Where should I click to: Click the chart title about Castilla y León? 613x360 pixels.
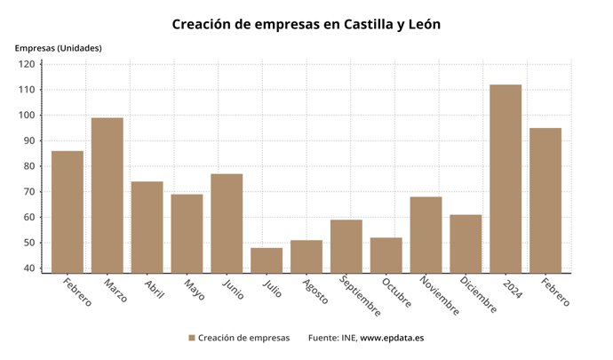point(306,24)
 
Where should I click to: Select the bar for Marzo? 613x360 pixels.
point(107,196)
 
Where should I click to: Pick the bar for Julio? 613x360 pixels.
point(267,260)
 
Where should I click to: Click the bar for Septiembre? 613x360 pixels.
point(346,246)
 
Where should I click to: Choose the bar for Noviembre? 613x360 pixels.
point(426,235)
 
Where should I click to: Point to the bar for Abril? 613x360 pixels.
point(147,228)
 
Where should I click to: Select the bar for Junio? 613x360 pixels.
point(227,223)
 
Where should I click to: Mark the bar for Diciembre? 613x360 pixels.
point(466,244)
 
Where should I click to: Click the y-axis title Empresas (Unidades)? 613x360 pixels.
point(58,47)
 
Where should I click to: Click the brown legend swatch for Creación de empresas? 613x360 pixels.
point(191,338)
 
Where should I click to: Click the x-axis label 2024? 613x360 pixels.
point(511,289)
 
